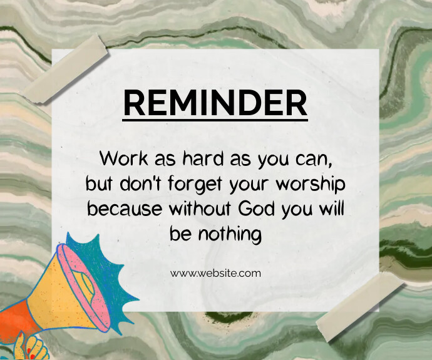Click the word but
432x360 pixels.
pyautogui.click(x=99, y=183)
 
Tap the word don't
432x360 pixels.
pyautogui.click(x=141, y=183)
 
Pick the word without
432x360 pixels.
pyautogui.click(x=199, y=208)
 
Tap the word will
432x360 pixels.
pyautogui.click(x=332, y=208)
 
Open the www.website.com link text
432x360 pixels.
pyautogui.click(x=215, y=273)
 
